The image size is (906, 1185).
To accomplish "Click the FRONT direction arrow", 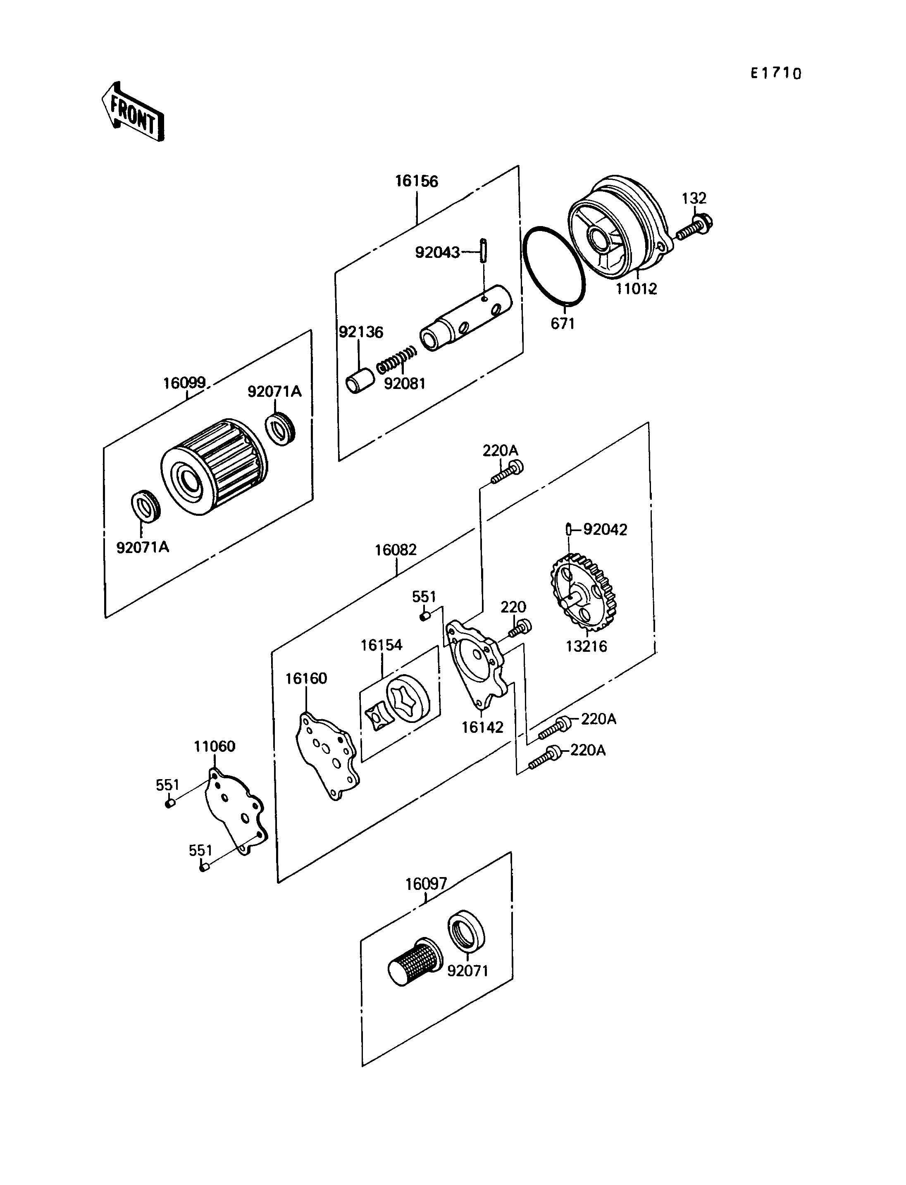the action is pos(133,112).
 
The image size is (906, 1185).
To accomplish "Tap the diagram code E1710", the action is pos(776,73).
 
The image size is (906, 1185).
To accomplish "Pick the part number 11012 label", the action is pos(637,289).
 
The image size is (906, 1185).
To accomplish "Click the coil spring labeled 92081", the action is pos(397,360).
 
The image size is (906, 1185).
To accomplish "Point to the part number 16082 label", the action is pos(396,550).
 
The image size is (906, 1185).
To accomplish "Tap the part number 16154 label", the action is pos(381,645).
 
